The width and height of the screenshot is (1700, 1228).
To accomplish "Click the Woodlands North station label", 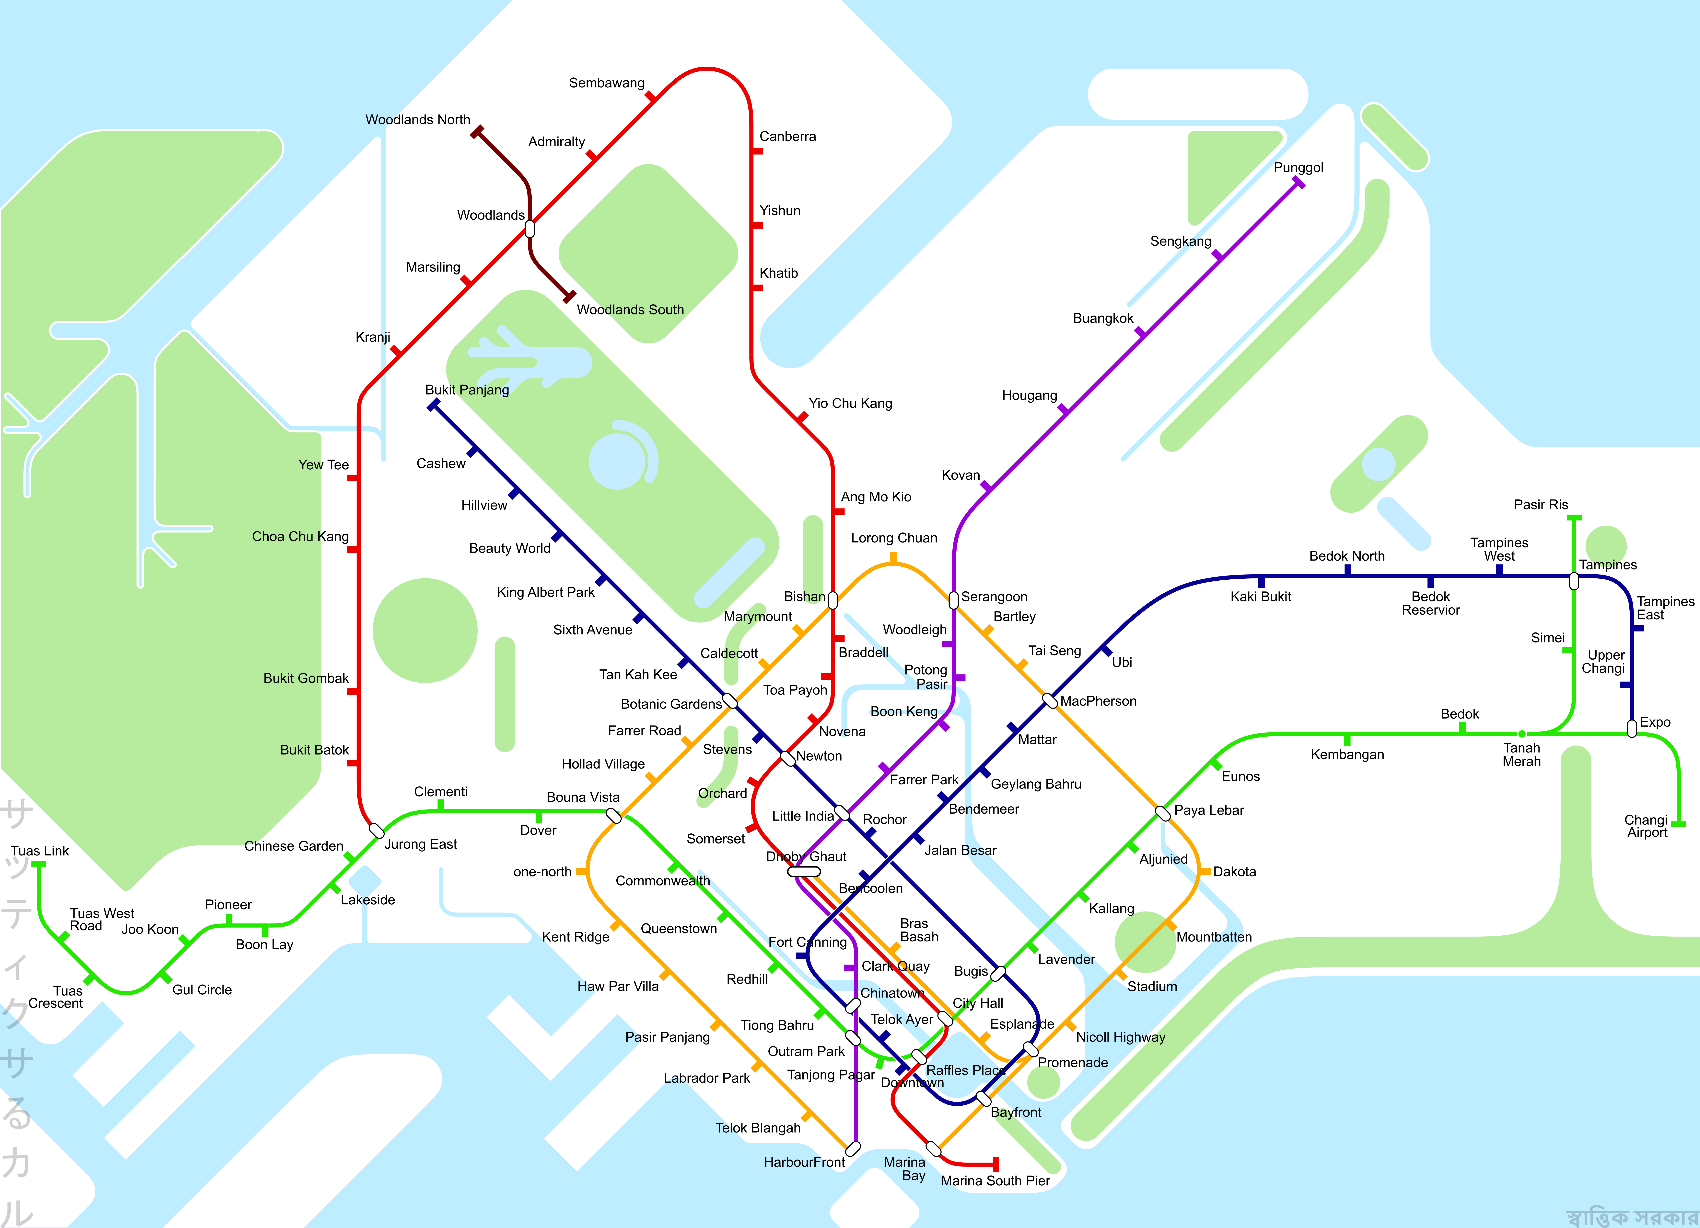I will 417,120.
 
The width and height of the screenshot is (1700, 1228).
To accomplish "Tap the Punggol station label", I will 1298,168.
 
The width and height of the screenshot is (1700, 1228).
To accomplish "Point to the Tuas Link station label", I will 40,851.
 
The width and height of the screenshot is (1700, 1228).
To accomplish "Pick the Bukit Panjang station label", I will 467,390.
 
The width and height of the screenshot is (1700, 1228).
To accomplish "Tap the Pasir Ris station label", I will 1540,505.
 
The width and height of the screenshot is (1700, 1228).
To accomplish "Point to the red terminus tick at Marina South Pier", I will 996,1164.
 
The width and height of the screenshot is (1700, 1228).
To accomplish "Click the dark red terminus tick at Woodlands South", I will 570,297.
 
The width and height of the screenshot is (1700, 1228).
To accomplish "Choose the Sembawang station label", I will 606,83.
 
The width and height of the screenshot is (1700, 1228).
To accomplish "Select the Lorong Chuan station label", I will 893,538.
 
